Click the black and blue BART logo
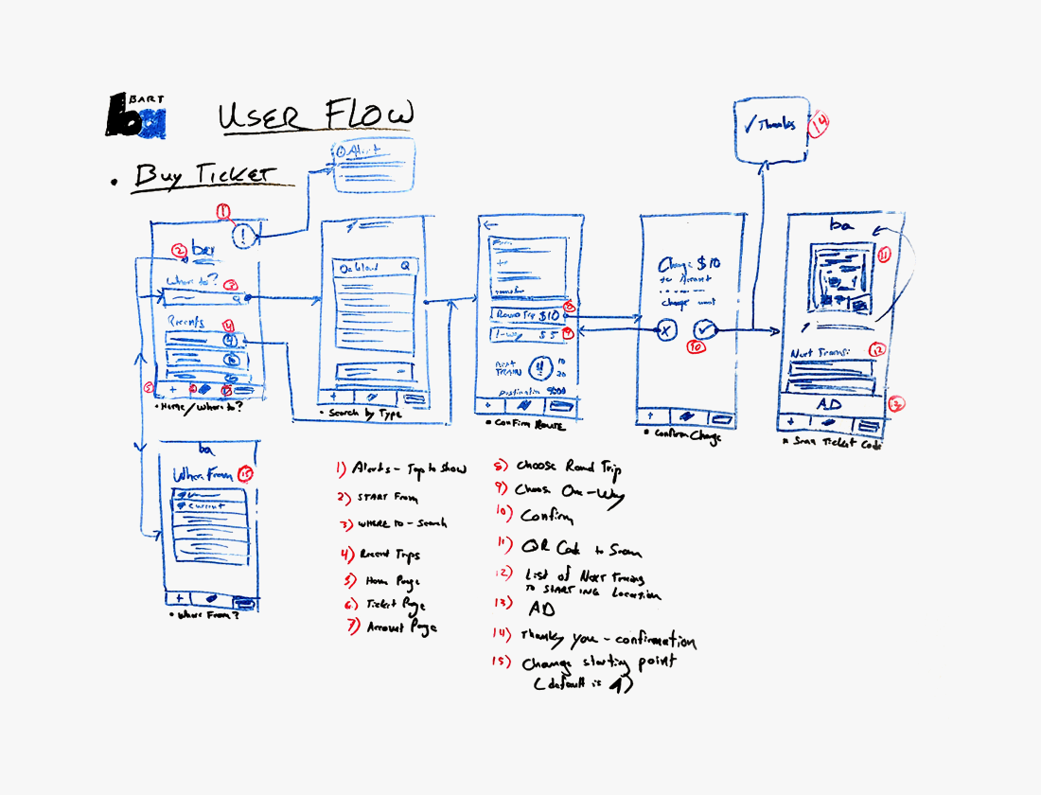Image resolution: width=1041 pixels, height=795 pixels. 135,115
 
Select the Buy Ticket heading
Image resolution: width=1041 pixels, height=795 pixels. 204,176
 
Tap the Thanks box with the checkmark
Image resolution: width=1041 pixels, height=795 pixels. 768,126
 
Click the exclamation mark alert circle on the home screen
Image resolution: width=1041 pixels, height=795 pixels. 243,233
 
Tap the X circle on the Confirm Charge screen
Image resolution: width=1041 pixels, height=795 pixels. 665,330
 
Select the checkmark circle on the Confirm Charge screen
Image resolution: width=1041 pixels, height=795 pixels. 706,329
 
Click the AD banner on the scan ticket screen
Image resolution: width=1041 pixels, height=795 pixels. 830,403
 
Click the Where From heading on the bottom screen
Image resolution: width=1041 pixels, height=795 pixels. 202,474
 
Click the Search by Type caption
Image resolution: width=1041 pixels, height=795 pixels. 363,415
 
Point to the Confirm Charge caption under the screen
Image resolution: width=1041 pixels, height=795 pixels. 682,435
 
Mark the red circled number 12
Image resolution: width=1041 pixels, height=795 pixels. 877,350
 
